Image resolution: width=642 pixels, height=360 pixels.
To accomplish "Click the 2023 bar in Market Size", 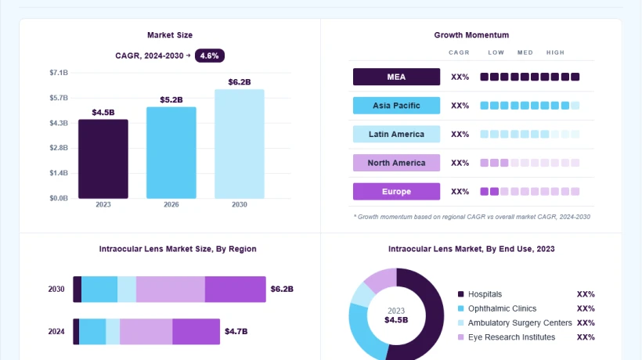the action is pos(103,159).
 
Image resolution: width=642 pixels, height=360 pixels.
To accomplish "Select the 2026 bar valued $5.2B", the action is pos(171,153).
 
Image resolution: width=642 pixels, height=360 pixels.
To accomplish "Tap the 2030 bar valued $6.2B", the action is pos(240,144).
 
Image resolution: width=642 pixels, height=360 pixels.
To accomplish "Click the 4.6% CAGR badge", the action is pos(210,56).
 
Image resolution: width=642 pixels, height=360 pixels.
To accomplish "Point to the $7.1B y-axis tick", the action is pos(59,73).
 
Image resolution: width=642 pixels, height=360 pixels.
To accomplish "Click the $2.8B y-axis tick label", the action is pos(59,148).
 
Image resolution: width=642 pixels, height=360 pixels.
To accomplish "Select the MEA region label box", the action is pos(396,77).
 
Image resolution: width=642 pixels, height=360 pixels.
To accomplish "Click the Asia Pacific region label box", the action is pos(396,106).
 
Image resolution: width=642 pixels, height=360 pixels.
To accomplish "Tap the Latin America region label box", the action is pos(396,134).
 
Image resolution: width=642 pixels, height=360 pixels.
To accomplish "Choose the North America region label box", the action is pos(396,163).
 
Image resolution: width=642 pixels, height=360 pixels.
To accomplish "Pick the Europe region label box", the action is pos(396,192).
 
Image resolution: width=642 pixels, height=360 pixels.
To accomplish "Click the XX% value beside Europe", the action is pos(460,192).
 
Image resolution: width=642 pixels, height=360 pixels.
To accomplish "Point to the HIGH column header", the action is pos(555,52).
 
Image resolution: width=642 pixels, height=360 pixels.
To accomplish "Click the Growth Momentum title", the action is pos(471,35).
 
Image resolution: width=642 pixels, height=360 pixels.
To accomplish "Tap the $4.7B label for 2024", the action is pos(236,331).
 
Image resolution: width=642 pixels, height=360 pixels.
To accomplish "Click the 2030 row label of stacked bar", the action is pos(56,290).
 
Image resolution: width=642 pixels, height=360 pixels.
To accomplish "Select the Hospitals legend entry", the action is pos(479,294).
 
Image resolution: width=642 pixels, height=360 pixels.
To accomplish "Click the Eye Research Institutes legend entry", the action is pos(507,337).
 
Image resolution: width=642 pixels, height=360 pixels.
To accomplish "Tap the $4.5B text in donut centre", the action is pos(396,320).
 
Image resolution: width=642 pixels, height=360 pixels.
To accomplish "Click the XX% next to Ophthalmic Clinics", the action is pos(586,308).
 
